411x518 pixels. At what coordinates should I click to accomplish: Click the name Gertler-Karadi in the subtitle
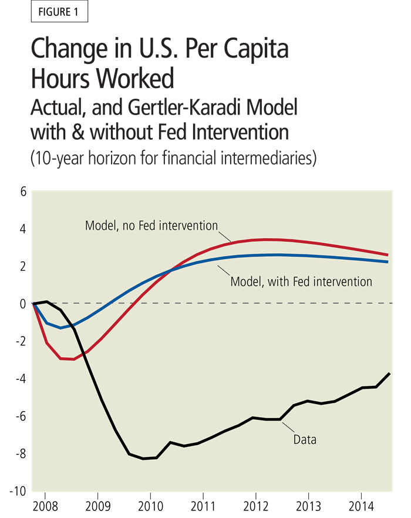point(195,108)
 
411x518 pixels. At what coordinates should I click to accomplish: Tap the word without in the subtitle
point(127,132)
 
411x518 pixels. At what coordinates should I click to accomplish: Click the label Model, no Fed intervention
point(151,226)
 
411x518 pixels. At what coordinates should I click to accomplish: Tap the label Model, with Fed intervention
point(301,282)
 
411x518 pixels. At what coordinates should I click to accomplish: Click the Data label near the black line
point(305,439)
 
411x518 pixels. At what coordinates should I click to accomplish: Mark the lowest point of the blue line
point(60,328)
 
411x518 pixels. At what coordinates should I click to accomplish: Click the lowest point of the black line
point(143,459)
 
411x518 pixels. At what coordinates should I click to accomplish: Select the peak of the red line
point(267,239)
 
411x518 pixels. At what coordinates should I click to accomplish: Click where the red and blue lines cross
point(171,270)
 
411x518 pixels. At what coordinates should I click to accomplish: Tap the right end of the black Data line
point(389,374)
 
